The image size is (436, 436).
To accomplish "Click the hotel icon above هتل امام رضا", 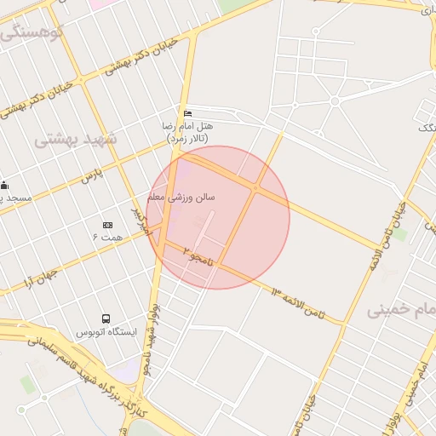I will tap(187, 113).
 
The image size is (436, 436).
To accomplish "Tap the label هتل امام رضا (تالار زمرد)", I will tap(187, 131).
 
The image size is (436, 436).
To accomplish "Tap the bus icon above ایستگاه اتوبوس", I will tap(106, 319).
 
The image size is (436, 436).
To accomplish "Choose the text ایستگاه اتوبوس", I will tap(106, 332).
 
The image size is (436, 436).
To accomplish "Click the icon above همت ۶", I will tap(107, 225).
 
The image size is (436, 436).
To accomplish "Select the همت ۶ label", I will tap(107, 236).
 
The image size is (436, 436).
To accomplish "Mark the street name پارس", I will tap(91, 177).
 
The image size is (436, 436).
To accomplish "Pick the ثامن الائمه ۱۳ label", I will tap(297, 302).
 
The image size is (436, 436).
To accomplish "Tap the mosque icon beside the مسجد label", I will tap(4, 185).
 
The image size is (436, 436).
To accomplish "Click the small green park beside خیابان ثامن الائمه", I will tap(400, 232).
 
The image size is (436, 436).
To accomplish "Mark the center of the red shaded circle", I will tap(218, 217).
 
